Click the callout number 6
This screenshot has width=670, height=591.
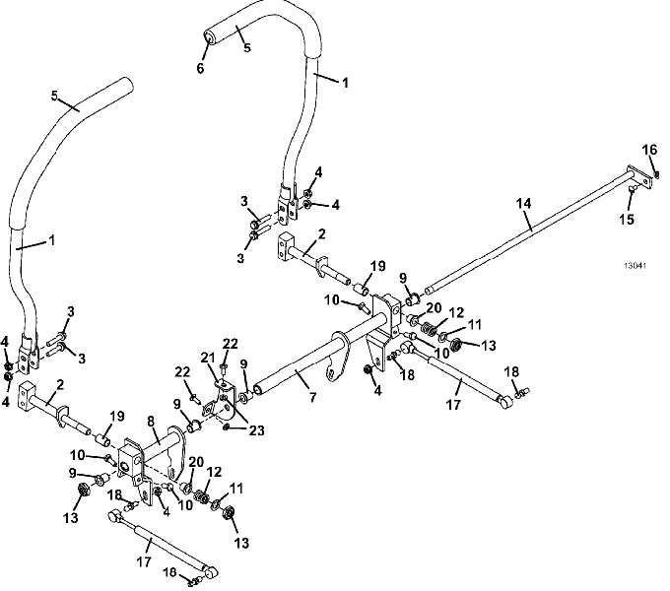[200, 68]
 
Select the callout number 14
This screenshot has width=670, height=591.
[523, 203]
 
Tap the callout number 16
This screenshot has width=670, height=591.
[649, 150]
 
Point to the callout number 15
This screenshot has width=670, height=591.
[627, 220]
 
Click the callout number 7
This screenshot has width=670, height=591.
[312, 398]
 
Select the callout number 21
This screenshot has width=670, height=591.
[208, 358]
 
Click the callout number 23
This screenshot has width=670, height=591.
[256, 430]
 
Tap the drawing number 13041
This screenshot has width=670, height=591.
[635, 266]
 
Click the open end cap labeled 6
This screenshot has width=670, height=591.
[208, 36]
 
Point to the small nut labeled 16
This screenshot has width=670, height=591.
[657, 174]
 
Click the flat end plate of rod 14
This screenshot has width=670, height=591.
[640, 176]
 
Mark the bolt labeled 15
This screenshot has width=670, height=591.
[633, 188]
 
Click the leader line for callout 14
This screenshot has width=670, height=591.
[528, 221]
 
